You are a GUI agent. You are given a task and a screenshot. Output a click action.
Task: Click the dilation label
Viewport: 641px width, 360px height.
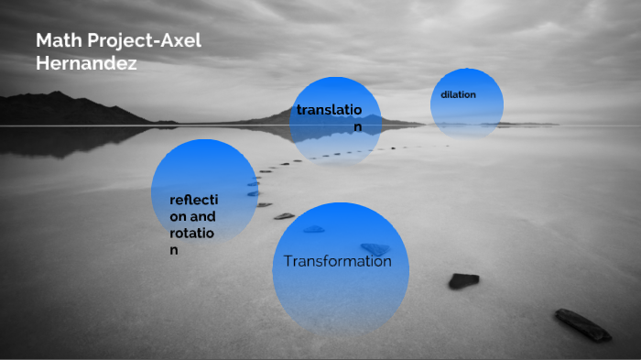(x=458, y=95)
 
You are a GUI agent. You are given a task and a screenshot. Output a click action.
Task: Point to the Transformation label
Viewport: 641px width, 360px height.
(x=338, y=261)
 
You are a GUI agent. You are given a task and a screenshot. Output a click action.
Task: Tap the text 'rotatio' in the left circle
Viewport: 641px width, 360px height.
(x=191, y=233)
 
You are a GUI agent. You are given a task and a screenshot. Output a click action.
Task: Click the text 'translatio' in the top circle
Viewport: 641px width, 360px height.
(x=329, y=110)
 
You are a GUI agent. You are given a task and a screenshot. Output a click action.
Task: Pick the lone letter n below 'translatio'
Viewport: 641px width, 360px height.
(x=359, y=126)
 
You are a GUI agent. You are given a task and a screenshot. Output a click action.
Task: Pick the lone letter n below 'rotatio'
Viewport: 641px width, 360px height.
(x=173, y=249)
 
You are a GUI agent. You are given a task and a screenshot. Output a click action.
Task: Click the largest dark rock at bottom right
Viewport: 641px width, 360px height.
(x=582, y=324)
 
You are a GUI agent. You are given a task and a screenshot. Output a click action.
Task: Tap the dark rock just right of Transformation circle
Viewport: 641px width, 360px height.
(x=463, y=280)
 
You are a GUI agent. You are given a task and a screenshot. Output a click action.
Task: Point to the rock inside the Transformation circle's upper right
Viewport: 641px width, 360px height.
(x=375, y=248)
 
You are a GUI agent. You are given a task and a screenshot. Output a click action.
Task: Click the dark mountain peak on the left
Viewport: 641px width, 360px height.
(x=57, y=94)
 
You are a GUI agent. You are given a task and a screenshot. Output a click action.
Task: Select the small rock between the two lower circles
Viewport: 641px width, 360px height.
(x=284, y=216)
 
